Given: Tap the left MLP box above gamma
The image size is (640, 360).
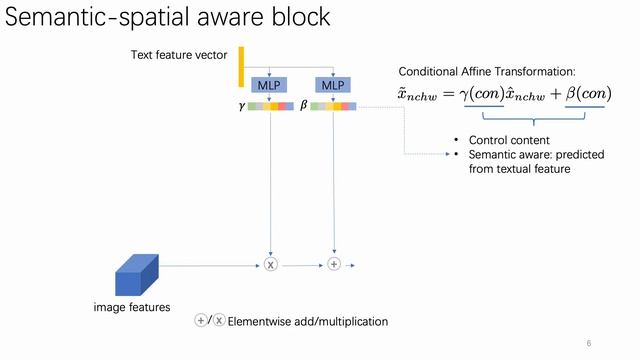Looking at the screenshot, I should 270,85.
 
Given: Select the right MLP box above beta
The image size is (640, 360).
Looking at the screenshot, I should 333,85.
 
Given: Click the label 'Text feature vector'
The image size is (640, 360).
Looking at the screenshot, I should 179,55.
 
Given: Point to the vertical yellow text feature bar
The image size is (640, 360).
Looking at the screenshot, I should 241,66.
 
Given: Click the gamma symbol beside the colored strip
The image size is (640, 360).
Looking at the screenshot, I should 241,105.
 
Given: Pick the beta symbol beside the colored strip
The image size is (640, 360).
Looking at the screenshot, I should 303,105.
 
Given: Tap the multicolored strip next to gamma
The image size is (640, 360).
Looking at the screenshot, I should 272,105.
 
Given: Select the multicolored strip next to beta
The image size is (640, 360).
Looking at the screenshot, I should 333,105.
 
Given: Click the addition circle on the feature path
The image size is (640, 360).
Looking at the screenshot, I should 334,264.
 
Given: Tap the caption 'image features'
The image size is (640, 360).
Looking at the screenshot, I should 126,307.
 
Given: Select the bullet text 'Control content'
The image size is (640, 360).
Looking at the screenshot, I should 508,140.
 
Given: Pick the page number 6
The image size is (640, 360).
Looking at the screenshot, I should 589,343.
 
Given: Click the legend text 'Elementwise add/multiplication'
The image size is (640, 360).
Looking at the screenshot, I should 308,321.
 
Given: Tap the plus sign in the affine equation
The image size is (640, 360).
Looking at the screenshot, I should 547,94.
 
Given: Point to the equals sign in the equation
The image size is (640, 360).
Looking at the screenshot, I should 447,94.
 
